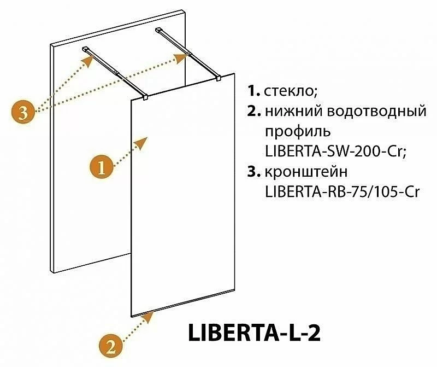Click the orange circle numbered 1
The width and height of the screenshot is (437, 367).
pos(101,168)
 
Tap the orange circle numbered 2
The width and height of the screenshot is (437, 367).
pos(111,347)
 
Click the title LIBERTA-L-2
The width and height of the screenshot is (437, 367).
pos(254,333)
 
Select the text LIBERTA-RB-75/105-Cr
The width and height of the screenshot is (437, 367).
pos(342,192)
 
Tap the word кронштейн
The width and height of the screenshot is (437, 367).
pos(306,172)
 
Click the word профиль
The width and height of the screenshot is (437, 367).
pos(298,132)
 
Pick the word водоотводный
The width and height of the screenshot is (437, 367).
pos(376,112)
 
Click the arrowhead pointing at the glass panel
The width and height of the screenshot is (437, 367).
pos(141,143)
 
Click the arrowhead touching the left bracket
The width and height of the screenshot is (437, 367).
pos(88,61)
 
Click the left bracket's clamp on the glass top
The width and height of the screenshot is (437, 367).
pos(145,97)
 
